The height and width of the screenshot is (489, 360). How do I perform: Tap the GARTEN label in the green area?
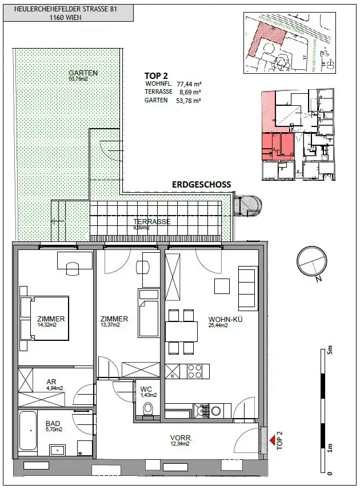pos(83,73)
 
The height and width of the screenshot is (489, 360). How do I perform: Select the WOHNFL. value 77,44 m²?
pos(189,83)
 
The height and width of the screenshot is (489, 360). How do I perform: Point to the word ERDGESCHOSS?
pos(202,184)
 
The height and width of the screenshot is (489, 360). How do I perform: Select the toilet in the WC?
pos(149,410)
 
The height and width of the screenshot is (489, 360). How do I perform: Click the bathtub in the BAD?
pos(27,432)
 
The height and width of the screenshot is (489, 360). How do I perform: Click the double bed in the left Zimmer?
pos(44,317)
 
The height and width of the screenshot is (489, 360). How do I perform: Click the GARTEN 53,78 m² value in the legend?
pos(189,100)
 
